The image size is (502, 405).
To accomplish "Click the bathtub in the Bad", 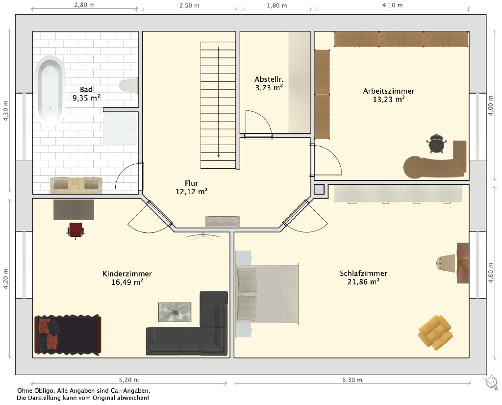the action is (x=50, y=91).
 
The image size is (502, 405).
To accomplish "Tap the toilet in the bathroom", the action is (x=128, y=85).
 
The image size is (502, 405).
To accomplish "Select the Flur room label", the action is (x=192, y=183).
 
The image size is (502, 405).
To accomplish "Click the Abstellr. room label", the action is (x=269, y=79).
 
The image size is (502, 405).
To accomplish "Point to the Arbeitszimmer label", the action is (x=388, y=91).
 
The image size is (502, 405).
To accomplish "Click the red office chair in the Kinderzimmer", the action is (x=75, y=230).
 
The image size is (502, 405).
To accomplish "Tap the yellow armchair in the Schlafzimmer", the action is (x=435, y=332).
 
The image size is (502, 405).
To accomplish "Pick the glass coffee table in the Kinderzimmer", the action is (x=175, y=312).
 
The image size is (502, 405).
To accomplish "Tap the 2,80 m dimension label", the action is (x=84, y=5).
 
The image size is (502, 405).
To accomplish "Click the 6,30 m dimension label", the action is (x=352, y=380).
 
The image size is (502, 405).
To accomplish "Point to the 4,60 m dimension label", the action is (x=490, y=273).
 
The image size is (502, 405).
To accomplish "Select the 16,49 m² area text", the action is (x=127, y=282).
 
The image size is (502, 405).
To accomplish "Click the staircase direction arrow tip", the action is (x=219, y=157).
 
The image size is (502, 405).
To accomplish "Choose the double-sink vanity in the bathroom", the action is (x=76, y=185).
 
